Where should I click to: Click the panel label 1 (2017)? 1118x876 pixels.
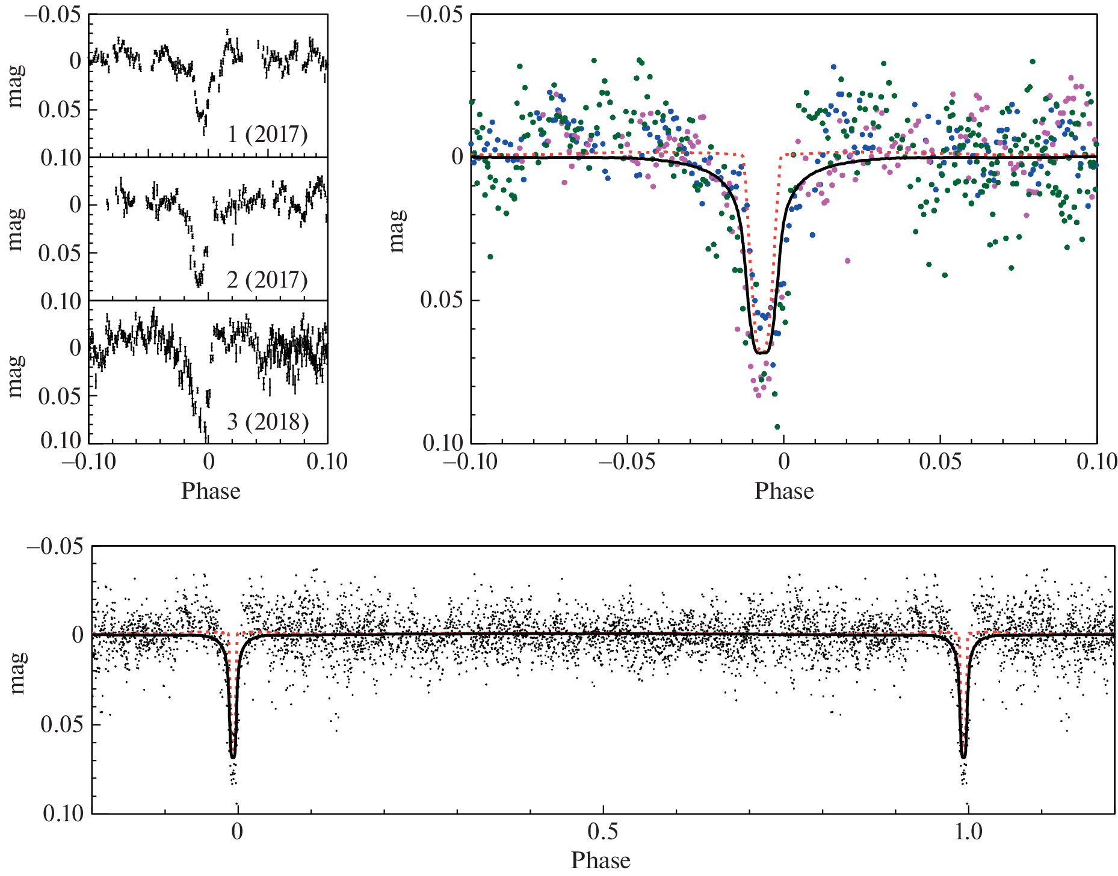point(267,134)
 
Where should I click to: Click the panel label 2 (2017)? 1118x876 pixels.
point(267,279)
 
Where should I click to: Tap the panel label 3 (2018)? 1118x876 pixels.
point(268,422)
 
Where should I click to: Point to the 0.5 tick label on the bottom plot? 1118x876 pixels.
point(602,831)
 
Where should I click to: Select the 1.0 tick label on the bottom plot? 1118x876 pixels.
point(968,831)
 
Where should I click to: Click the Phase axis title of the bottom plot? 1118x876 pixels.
point(601,860)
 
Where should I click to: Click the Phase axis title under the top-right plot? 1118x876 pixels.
point(784,491)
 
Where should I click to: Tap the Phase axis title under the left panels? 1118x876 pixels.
point(211,491)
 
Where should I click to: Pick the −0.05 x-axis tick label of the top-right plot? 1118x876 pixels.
point(627,462)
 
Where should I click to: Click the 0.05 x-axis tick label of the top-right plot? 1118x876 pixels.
point(940,462)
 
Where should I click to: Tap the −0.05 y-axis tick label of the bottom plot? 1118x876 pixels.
point(55,547)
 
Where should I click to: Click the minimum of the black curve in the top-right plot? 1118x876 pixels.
point(762,352)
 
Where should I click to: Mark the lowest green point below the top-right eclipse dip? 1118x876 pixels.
point(777,427)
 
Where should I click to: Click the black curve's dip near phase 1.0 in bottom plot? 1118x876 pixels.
point(963,756)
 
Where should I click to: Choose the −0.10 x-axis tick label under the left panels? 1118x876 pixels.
point(89,462)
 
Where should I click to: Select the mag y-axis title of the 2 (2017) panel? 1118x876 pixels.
point(17,229)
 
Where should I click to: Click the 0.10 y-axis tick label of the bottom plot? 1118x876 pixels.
point(63,813)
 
